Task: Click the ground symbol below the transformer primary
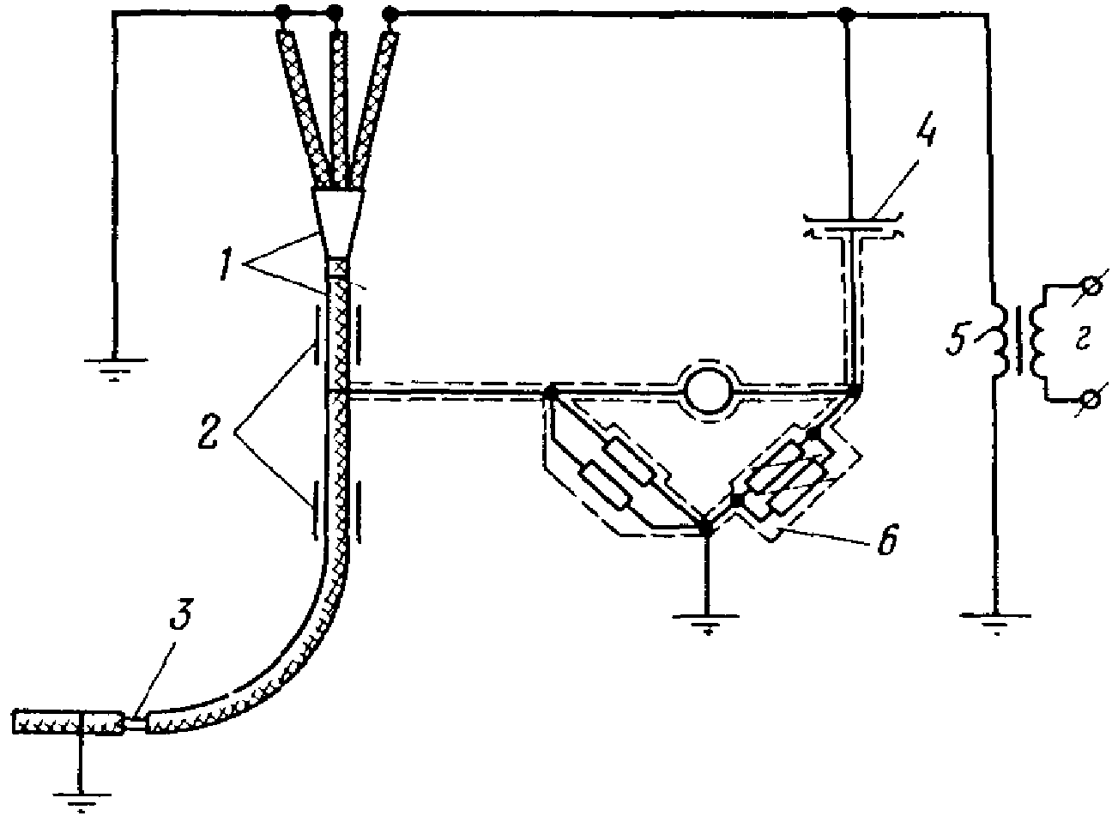[994, 620]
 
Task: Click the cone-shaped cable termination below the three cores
[339, 221]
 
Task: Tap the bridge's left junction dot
[551, 393]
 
